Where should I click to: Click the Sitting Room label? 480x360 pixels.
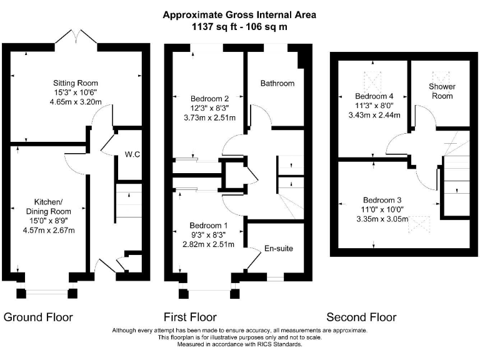(75, 83)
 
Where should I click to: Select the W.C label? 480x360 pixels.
(131, 153)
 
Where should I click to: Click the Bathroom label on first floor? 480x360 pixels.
(277, 83)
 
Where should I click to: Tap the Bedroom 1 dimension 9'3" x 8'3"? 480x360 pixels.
(209, 234)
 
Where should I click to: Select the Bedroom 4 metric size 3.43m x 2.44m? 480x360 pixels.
(373, 116)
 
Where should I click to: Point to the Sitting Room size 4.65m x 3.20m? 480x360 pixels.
(75, 104)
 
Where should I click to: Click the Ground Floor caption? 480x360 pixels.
(38, 317)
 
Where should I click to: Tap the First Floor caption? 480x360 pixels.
(190, 317)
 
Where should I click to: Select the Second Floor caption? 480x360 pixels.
(361, 317)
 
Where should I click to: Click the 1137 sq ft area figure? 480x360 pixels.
(209, 27)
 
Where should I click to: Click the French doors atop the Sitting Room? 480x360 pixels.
(76, 39)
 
